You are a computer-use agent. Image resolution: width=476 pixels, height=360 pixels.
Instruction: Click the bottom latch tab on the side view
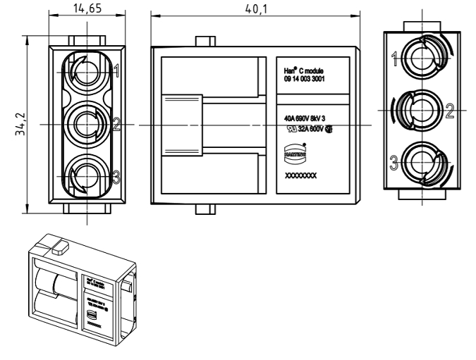click(x=204, y=209)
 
